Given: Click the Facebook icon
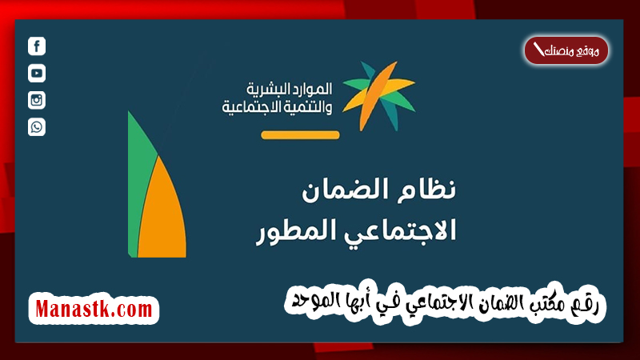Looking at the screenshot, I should point(37,46).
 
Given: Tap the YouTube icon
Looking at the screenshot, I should point(37,74).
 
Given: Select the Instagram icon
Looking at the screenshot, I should point(37,100).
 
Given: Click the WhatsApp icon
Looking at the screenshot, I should point(37,126).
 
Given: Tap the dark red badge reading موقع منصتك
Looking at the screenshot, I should point(566,51).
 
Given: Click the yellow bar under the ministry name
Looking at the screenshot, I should point(300,134).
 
